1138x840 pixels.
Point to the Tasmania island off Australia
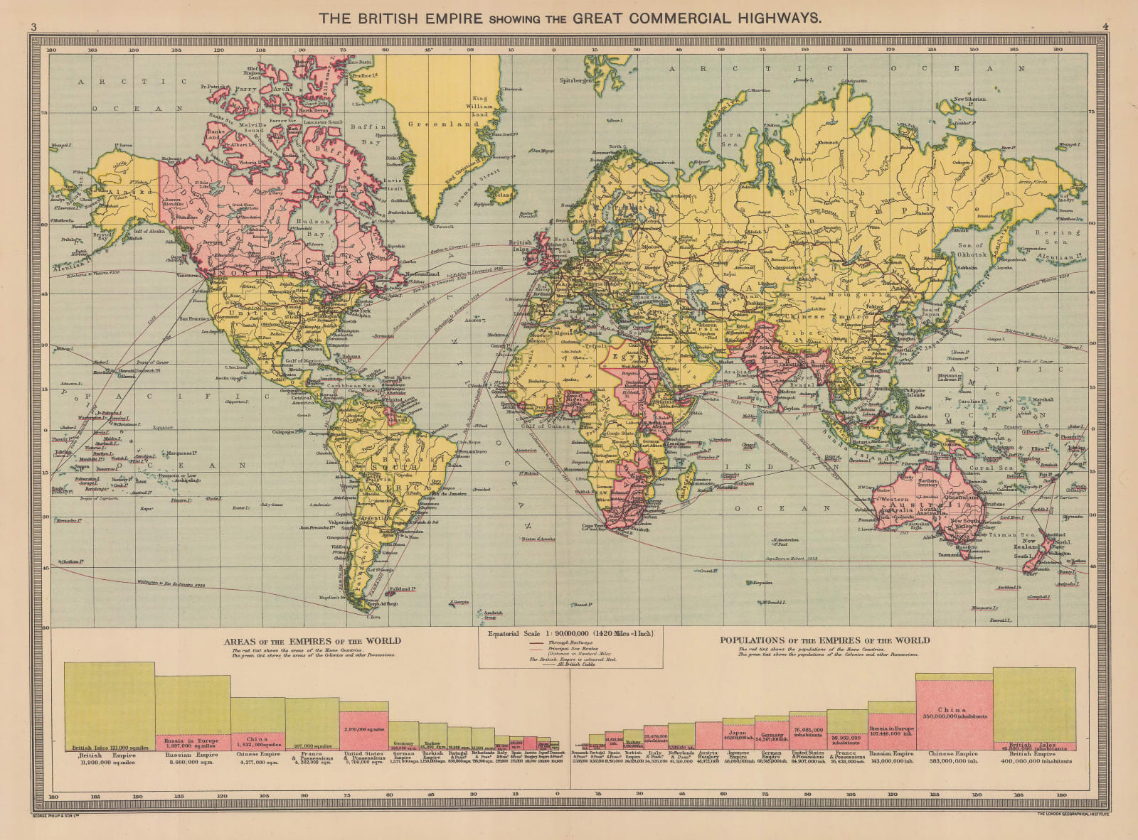point(969,553)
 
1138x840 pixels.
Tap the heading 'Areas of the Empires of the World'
point(312,640)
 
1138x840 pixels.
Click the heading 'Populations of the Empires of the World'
point(824,640)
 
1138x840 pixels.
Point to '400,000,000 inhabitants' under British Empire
point(1033,761)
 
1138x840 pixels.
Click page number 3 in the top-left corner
point(33,27)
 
